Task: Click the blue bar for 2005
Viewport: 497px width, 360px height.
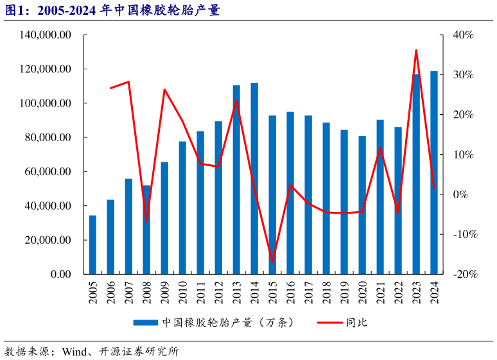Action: pyautogui.click(x=92, y=244)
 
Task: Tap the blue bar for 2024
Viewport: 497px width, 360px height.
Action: pyautogui.click(x=434, y=173)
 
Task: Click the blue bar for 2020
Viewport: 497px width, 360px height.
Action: pyautogui.click(x=362, y=205)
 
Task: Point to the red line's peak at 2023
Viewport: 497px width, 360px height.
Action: pyautogui.click(x=416, y=50)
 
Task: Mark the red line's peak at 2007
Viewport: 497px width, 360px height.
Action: pyautogui.click(x=128, y=81)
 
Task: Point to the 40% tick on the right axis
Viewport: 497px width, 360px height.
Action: pyautogui.click(x=462, y=35)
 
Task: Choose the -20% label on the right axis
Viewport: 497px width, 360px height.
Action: pyautogui.click(x=462, y=275)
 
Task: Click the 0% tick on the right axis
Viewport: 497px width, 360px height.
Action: pyautogui.click(x=464, y=194)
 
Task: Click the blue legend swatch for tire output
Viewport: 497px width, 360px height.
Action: pyautogui.click(x=146, y=323)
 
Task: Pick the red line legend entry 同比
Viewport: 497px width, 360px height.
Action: pyautogui.click(x=360, y=323)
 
